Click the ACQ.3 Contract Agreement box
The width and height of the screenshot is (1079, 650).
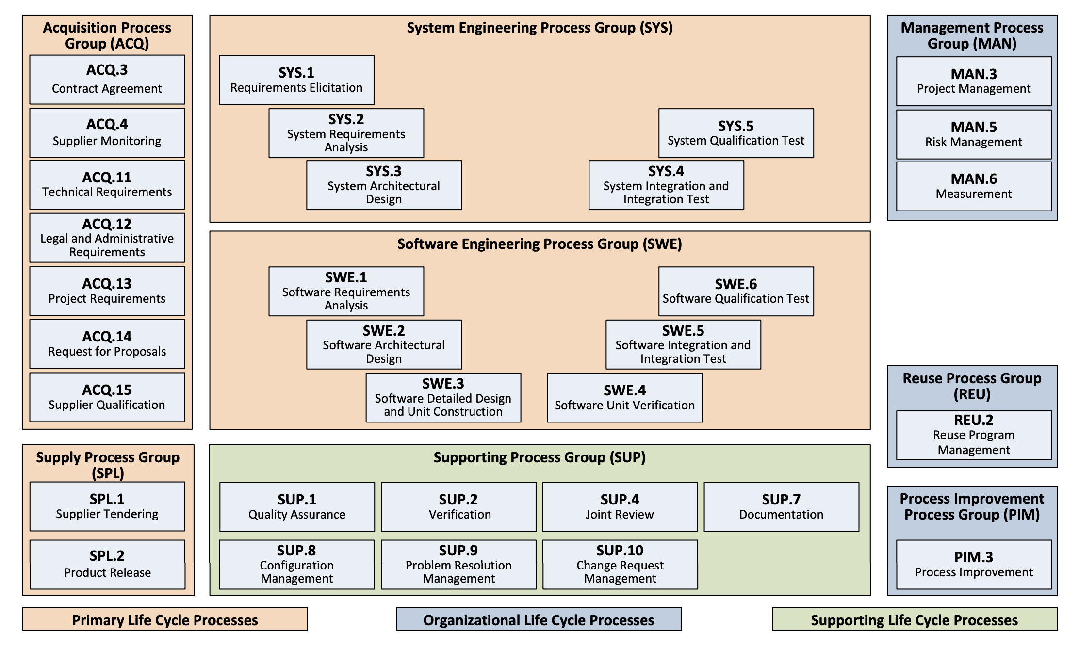[x=107, y=80]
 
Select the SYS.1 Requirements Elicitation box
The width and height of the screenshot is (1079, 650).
[x=296, y=80]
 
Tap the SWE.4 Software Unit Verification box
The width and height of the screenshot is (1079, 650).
[x=624, y=398]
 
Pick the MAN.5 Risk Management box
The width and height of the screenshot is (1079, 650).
[x=974, y=134]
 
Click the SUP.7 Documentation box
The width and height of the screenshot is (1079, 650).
[x=781, y=507]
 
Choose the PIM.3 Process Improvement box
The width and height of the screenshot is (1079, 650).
[x=974, y=565]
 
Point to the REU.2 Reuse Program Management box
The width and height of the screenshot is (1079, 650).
[x=974, y=435]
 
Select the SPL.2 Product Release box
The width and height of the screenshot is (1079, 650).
[x=107, y=565]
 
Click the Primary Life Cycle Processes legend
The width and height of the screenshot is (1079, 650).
[x=165, y=619]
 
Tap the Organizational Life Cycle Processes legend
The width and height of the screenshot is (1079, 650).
[x=539, y=619]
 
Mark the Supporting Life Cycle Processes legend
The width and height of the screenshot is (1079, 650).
[x=914, y=619]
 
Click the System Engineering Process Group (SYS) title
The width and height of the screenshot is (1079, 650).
[x=539, y=28]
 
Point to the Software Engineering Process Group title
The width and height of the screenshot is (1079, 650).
[x=539, y=244]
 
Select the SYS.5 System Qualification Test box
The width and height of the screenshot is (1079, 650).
[x=736, y=133]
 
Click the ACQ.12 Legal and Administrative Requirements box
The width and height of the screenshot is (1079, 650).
[x=107, y=238]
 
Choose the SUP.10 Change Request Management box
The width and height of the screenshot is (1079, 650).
[x=620, y=565]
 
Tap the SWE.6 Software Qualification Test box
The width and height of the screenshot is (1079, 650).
[x=736, y=292]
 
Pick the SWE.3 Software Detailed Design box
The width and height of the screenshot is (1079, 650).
[x=443, y=398]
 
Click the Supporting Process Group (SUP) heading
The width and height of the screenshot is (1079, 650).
[x=539, y=457]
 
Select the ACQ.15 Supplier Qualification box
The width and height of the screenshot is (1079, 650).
[x=107, y=397]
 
